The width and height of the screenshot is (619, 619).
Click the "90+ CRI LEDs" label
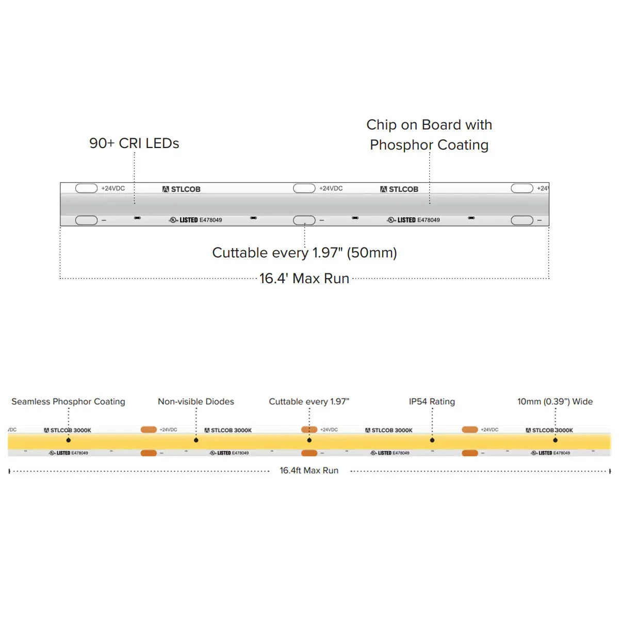[134, 143]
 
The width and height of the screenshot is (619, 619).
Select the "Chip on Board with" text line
[429, 125]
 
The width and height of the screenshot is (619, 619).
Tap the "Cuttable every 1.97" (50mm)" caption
[304, 253]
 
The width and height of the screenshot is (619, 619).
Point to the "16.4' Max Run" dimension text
[304, 279]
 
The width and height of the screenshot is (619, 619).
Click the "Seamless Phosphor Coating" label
[68, 401]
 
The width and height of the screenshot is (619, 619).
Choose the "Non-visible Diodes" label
[196, 401]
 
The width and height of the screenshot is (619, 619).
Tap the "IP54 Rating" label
[432, 401]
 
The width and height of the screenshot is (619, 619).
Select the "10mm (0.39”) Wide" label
[555, 401]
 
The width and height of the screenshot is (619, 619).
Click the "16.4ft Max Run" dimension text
[309, 470]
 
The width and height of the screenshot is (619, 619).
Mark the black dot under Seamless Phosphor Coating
[69, 440]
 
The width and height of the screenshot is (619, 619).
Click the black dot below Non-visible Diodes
[196, 440]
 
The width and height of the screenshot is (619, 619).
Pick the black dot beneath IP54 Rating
[432, 440]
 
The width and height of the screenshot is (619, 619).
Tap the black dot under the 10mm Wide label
[556, 440]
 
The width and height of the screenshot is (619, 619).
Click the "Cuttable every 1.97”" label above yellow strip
[309, 401]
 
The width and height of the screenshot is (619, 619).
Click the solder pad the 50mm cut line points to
[304, 220]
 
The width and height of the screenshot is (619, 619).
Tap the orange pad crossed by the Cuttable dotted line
[309, 429]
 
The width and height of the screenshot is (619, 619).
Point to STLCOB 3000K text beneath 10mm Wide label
[552, 430]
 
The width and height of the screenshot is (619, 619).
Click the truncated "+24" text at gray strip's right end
[543, 188]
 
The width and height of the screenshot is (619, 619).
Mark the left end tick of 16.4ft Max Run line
[9, 471]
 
